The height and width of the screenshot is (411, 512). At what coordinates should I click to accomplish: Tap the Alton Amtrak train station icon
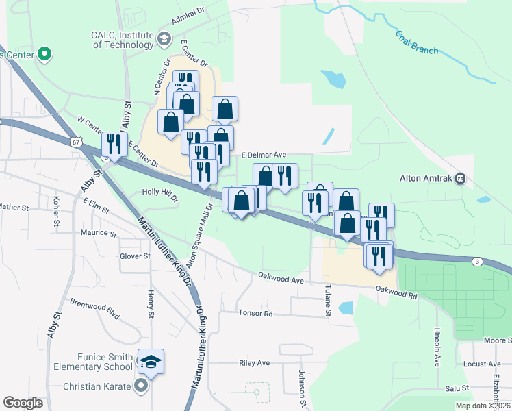(x=461, y=179)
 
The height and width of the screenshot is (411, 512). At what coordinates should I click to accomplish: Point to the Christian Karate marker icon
(x=142, y=386)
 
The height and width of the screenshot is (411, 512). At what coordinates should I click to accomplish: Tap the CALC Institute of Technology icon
(x=164, y=39)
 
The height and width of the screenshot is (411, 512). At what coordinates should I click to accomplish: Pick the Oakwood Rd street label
(x=396, y=292)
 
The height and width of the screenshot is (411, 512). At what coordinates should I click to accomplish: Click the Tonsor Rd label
(x=255, y=314)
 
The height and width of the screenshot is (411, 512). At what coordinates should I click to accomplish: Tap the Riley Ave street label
(x=255, y=363)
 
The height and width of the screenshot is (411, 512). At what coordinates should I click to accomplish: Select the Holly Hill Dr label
(x=159, y=195)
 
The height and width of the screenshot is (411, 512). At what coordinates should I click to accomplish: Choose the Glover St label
(x=135, y=256)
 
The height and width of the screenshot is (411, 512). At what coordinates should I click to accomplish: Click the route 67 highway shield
(x=75, y=141)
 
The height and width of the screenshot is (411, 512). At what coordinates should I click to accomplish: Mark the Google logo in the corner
(x=23, y=403)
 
